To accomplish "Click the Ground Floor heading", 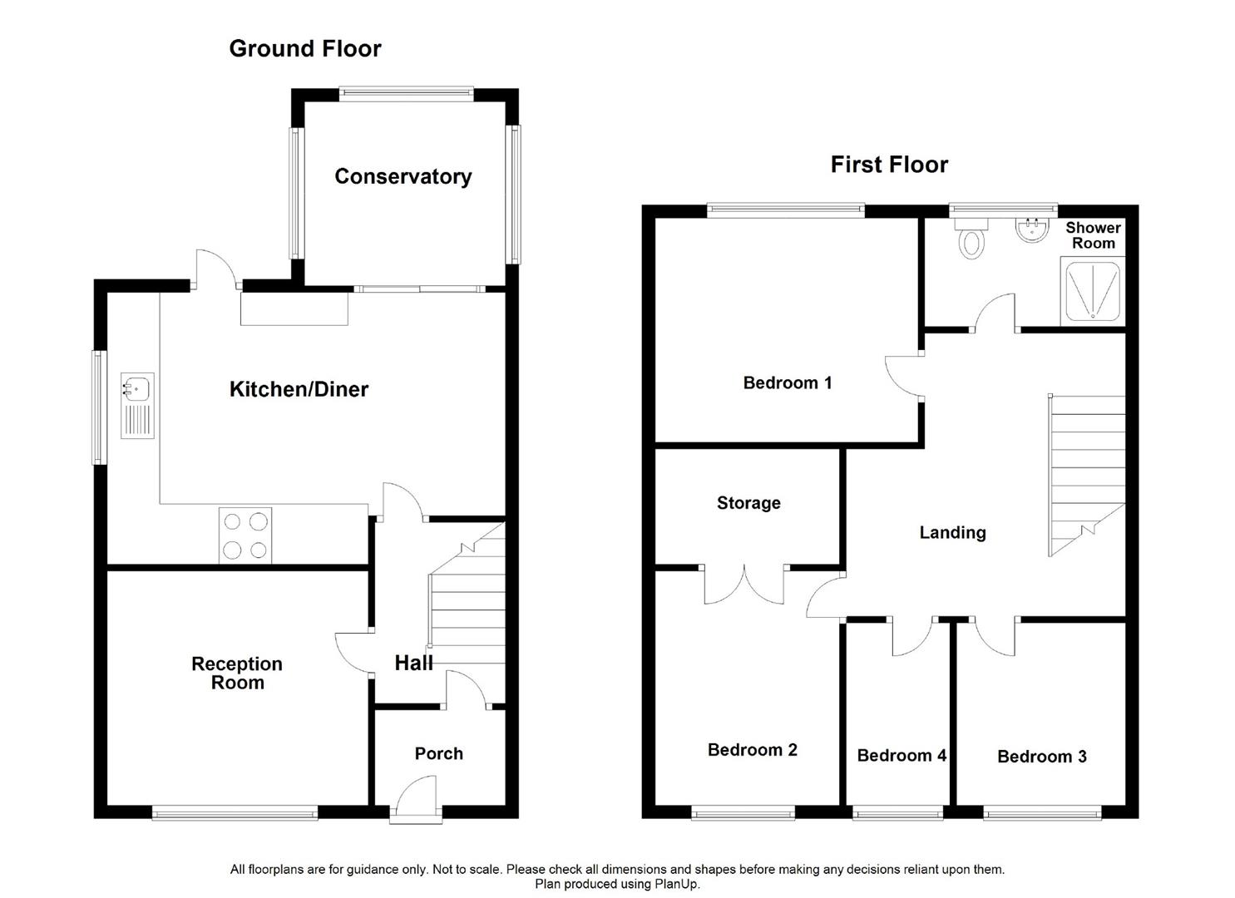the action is [305, 48].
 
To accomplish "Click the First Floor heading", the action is [889, 165].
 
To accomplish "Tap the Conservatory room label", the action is [403, 176].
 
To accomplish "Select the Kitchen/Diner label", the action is [299, 389].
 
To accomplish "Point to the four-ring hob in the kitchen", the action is [245, 535].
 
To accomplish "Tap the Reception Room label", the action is [237, 673].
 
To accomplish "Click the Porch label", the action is [439, 753].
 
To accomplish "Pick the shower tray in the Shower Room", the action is [1093, 291].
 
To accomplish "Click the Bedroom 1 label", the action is [788, 382].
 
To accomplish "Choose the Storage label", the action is [748, 503].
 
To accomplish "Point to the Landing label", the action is [953, 532].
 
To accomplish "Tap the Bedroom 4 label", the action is [902, 755].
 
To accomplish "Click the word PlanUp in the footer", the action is [677, 885].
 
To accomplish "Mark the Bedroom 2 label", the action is [753, 750].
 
